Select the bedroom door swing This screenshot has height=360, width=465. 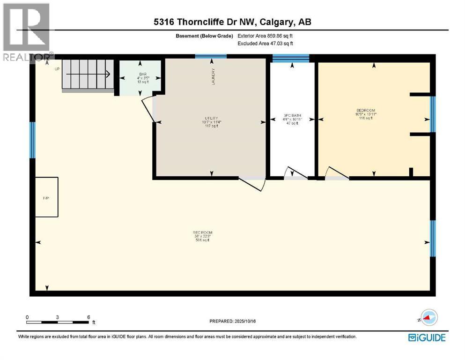[x=336, y=173]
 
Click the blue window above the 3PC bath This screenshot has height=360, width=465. [x=291, y=58]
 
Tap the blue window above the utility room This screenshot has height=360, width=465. [x=211, y=57]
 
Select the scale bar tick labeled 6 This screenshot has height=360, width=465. [x=89, y=316]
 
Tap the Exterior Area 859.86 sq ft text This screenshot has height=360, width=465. [x=267, y=36]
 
